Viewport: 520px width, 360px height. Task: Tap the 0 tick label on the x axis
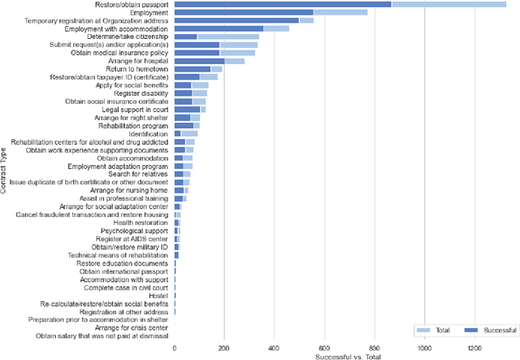tap(175, 348)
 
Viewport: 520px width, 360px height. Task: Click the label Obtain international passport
tap(121, 271)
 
